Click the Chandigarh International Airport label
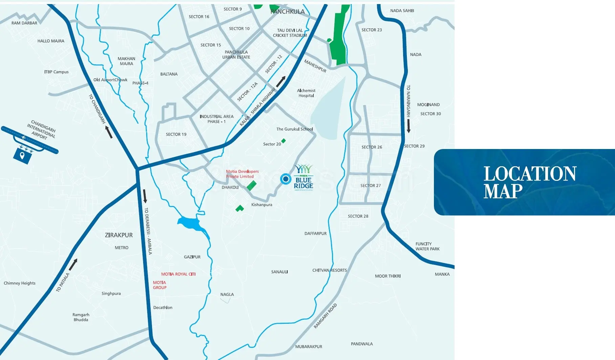click(x=41, y=129)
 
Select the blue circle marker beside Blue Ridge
click(x=286, y=179)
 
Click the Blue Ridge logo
click(x=303, y=177)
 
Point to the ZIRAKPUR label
click(x=118, y=235)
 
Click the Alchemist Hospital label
click(x=306, y=93)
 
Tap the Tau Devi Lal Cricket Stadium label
click(x=290, y=33)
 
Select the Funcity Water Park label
click(x=427, y=246)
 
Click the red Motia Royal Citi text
click(x=178, y=274)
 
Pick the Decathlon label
click(x=162, y=308)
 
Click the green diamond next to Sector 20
click(x=284, y=141)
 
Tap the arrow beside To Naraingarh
click(x=409, y=126)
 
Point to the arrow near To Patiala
click(x=73, y=264)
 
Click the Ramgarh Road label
click(x=325, y=316)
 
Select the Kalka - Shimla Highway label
click(x=258, y=107)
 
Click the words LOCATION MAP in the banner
click(x=529, y=182)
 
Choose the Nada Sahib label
click(x=402, y=11)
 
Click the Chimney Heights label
click(x=20, y=283)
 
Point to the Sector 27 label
click(x=370, y=186)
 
